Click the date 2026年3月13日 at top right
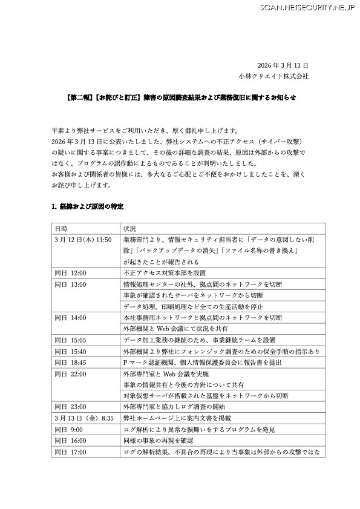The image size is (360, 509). click(283, 65)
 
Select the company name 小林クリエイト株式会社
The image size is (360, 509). click(273, 77)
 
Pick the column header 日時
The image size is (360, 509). click(61, 229)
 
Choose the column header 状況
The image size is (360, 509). click(129, 229)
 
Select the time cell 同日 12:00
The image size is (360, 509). click(71, 273)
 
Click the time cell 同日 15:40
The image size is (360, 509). click(71, 351)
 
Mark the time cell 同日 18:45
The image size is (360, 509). click(71, 362)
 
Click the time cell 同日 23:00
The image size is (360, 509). click(71, 407)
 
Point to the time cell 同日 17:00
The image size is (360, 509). click(71, 452)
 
